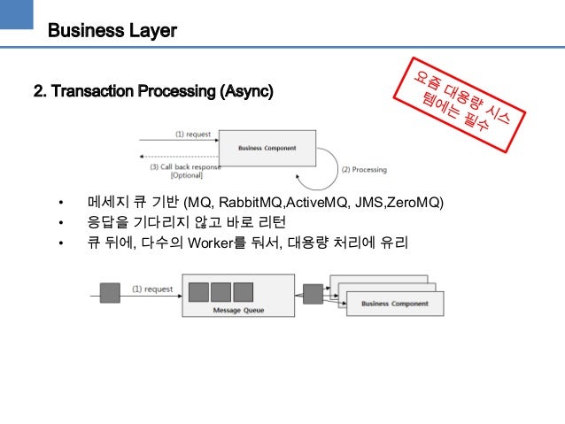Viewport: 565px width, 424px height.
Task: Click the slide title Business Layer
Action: (x=112, y=31)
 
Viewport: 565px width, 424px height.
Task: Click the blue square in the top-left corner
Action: (x=16, y=16)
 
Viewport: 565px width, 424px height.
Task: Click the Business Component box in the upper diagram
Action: (x=266, y=148)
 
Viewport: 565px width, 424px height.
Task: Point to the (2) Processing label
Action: (x=364, y=168)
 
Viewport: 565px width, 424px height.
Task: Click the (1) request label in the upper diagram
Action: (x=192, y=134)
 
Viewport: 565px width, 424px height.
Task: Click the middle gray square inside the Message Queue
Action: (x=221, y=291)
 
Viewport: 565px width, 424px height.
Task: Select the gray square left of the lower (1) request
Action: (x=111, y=292)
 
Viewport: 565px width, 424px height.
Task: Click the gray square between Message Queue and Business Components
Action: (x=312, y=292)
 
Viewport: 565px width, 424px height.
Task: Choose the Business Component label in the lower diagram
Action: (x=394, y=305)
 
